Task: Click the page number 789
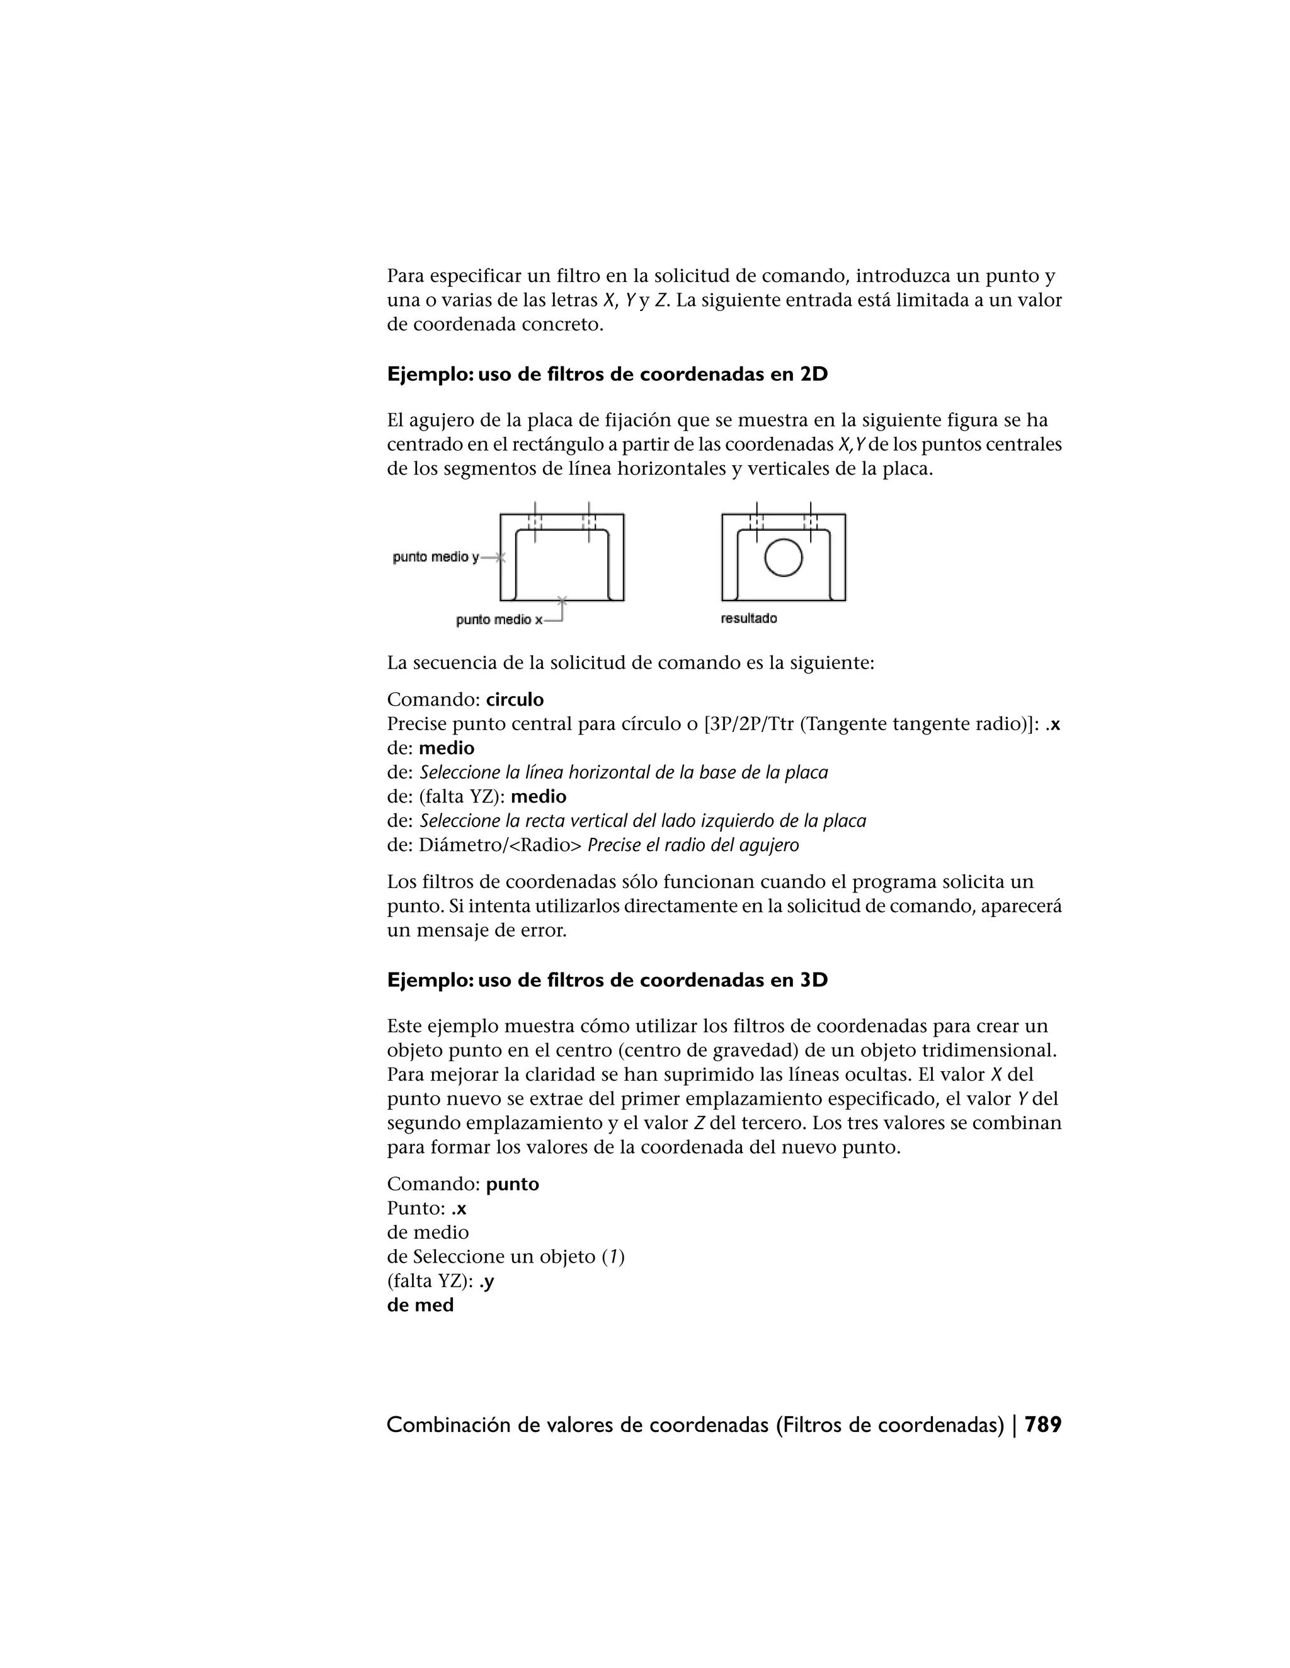click(x=1042, y=1425)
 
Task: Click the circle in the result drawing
click(x=784, y=557)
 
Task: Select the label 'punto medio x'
click(x=499, y=620)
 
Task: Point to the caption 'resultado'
click(x=749, y=619)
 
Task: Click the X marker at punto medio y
click(x=499, y=558)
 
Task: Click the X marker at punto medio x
click(x=562, y=600)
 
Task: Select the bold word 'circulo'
click(x=515, y=699)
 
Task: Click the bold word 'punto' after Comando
click(x=512, y=1184)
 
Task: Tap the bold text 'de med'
click(x=420, y=1305)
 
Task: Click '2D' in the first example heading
click(x=814, y=375)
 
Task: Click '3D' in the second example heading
click(x=814, y=981)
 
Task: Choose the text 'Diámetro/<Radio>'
click(x=499, y=845)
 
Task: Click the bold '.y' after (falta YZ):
click(x=486, y=1282)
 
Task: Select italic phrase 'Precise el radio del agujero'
click(x=692, y=845)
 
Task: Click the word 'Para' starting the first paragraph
click(x=405, y=276)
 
